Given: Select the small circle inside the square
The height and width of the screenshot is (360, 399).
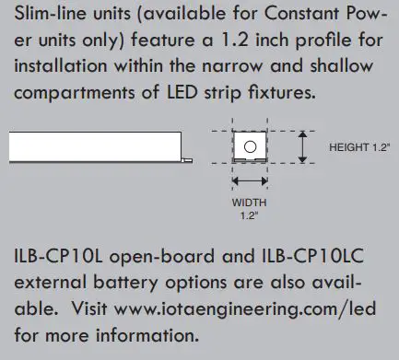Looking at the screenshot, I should (249, 147).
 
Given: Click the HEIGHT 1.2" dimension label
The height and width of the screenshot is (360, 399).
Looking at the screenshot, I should (358, 146).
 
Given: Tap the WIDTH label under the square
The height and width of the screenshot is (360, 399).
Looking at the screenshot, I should (248, 202).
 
